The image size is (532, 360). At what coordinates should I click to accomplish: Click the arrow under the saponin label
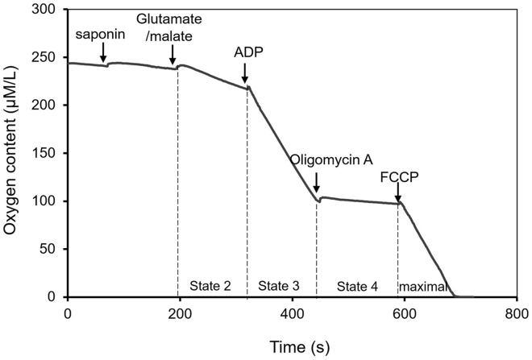pos(104,53)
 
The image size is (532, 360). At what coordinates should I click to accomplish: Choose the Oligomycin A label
pos(324,159)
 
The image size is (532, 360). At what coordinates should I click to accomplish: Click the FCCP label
pos(397,172)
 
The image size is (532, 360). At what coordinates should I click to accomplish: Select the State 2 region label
pos(210,286)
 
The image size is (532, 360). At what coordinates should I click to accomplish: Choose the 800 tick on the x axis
pos(517,313)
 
